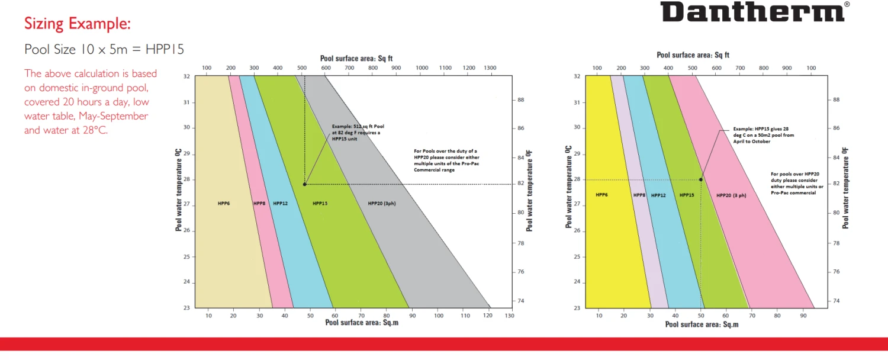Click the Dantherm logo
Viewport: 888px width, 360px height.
click(752, 11)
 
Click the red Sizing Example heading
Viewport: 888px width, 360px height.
click(77, 24)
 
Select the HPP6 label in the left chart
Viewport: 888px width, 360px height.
click(224, 203)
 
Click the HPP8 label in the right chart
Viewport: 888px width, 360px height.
click(639, 195)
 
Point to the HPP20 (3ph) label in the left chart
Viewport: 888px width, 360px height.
click(381, 203)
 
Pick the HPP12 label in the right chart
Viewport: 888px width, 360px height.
click(658, 195)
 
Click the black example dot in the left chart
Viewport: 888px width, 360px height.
click(305, 184)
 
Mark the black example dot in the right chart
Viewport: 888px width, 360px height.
click(701, 179)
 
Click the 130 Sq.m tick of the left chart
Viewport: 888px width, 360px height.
click(509, 316)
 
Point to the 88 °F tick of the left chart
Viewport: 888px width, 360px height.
click(520, 100)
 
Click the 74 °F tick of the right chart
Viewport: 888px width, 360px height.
click(836, 301)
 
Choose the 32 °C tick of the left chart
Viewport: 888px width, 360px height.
click(186, 76)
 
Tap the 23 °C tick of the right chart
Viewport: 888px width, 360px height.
click(577, 308)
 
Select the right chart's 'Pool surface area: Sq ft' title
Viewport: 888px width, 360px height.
click(693, 55)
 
